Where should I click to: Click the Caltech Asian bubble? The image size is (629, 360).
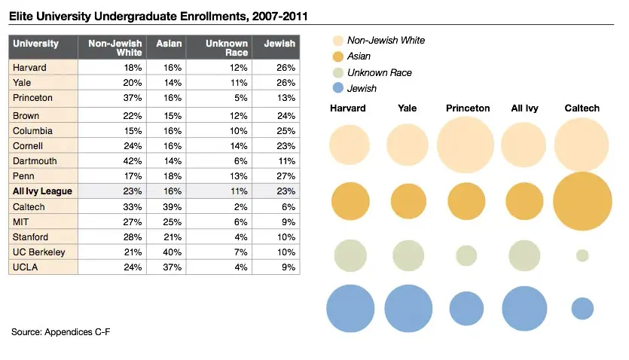(x=582, y=202)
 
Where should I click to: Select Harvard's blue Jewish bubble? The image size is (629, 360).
(x=350, y=308)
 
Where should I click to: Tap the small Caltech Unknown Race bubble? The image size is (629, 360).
(x=582, y=255)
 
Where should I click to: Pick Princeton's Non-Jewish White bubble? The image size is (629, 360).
(x=466, y=145)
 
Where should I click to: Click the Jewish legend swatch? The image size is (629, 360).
(x=337, y=89)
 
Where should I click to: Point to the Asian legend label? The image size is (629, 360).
(x=360, y=56)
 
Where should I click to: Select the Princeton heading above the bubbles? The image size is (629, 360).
(x=467, y=108)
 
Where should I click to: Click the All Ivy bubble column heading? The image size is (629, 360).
(x=524, y=108)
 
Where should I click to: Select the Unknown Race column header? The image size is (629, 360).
(x=227, y=48)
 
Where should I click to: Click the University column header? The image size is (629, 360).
(x=36, y=44)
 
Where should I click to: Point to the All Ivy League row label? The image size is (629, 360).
(x=42, y=191)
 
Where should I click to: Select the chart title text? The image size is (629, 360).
(x=158, y=15)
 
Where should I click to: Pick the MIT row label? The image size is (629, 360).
(x=22, y=221)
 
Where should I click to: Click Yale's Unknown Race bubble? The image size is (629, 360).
(x=408, y=255)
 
